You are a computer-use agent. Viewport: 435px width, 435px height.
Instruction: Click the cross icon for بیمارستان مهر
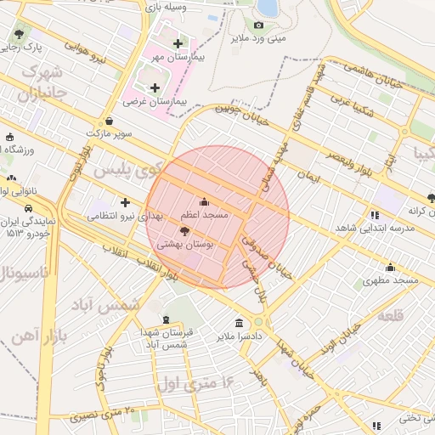tap(177, 43)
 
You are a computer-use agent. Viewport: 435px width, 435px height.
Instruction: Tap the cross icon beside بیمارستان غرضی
tap(154, 87)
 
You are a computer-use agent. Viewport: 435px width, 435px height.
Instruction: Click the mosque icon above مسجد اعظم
tap(203, 202)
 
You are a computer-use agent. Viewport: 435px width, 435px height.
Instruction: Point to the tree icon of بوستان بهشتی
tap(184, 230)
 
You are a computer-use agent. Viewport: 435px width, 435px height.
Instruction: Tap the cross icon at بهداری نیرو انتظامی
tap(126, 203)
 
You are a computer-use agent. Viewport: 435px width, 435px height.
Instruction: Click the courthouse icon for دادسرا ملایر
tap(238, 323)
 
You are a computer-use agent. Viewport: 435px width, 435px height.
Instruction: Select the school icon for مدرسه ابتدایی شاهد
tap(375, 215)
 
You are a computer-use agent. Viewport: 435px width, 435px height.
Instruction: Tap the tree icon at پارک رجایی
tap(19, 34)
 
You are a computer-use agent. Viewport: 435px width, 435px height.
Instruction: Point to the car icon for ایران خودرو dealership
tap(28, 206)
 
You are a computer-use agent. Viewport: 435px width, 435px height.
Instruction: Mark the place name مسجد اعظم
tap(204, 215)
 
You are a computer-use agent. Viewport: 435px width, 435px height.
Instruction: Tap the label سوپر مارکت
tap(110, 133)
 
